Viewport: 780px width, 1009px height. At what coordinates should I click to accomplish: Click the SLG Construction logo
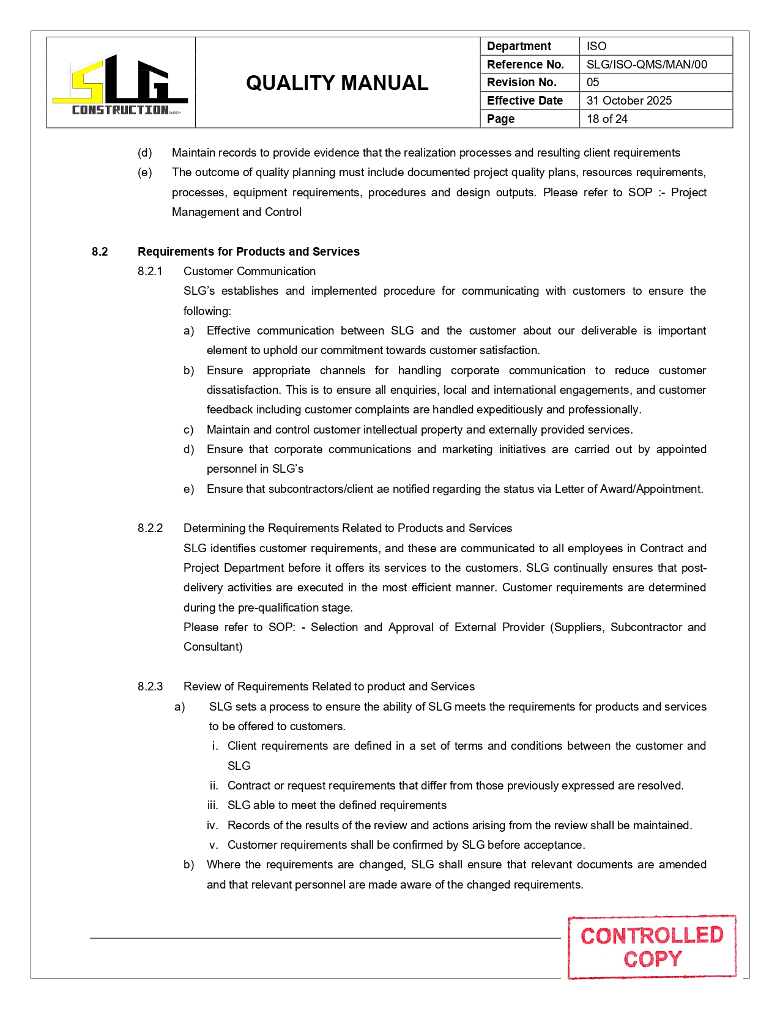coord(121,84)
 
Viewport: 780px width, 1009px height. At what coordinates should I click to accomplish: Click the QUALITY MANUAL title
coord(337,83)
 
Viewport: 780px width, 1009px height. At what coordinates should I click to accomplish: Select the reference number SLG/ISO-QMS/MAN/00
coord(647,64)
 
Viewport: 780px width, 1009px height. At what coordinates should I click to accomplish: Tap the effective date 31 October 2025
coord(629,101)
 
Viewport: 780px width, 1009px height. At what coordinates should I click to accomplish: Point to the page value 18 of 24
coord(607,119)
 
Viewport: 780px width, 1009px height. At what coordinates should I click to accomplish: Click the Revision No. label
coord(522,83)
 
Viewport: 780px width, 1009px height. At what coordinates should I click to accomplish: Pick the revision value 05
coord(593,83)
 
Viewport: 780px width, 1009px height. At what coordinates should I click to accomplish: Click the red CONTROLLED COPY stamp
coord(652,947)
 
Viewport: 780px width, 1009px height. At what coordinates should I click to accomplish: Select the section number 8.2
coord(100,252)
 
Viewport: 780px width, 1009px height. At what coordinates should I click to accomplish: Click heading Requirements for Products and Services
coord(248,252)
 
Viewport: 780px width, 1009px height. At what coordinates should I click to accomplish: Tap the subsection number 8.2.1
coord(150,272)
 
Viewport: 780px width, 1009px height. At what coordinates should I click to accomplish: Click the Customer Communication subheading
coord(250,272)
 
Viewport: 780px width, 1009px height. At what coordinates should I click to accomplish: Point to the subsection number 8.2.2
coord(150,528)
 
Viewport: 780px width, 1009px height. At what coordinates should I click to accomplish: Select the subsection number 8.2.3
coord(150,687)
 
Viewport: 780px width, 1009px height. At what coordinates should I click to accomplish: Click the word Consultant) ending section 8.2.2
coord(213,647)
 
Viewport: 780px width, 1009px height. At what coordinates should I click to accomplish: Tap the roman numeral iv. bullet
coord(212,826)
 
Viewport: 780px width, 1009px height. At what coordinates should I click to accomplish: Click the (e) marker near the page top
coord(145,172)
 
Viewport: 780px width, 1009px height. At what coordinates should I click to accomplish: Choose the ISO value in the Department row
coord(596,46)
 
